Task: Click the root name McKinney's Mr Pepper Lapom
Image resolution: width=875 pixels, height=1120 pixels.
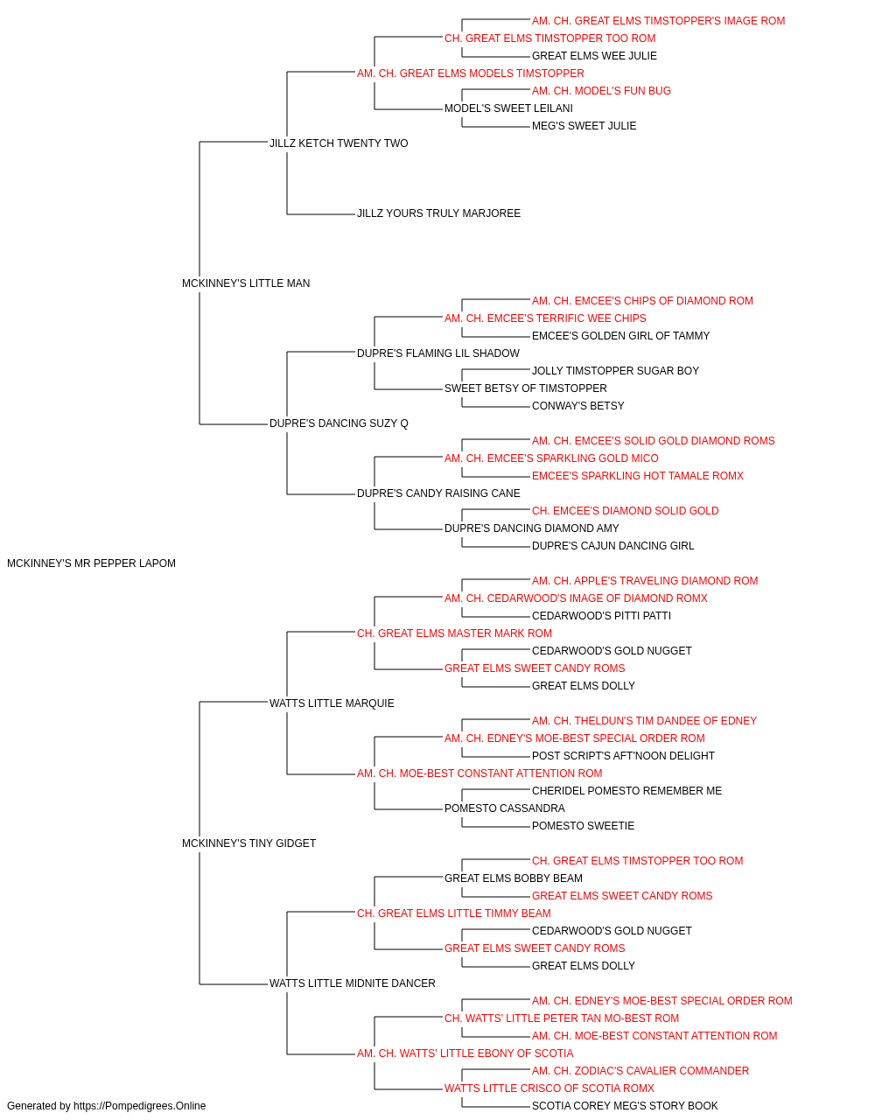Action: pyautogui.click(x=91, y=563)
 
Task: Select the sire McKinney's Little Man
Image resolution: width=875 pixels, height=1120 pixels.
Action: pyautogui.click(x=246, y=283)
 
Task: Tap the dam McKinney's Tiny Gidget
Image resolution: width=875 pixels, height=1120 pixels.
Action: pyautogui.click(x=248, y=843)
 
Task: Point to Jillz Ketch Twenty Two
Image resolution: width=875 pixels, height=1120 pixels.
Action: pyautogui.click(x=339, y=143)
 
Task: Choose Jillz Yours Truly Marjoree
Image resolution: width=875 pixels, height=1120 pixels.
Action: pyautogui.click(x=438, y=213)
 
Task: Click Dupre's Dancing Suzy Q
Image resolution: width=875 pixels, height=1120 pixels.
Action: pyautogui.click(x=339, y=423)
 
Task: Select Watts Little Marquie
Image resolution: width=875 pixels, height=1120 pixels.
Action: pyautogui.click(x=332, y=703)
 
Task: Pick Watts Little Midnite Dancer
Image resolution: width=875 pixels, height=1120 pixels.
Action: pyautogui.click(x=352, y=983)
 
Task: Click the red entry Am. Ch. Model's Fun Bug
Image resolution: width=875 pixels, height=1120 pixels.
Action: pyautogui.click(x=601, y=91)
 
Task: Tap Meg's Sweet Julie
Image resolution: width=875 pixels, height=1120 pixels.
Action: pyautogui.click(x=584, y=126)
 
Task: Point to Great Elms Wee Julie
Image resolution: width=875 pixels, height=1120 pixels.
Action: pyautogui.click(x=594, y=56)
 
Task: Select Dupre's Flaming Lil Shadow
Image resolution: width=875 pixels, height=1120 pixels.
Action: pyautogui.click(x=438, y=353)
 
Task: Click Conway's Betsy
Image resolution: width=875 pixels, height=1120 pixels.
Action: pyautogui.click(x=577, y=406)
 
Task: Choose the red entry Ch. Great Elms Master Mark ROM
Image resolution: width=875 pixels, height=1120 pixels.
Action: pyautogui.click(x=454, y=633)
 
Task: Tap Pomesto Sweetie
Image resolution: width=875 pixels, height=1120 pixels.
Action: pyautogui.click(x=583, y=826)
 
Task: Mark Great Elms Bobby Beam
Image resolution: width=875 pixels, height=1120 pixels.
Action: pyautogui.click(x=514, y=878)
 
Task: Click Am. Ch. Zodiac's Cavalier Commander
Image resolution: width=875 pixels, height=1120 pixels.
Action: pyautogui.click(x=640, y=1070)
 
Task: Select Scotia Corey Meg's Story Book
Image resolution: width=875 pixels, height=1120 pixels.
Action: pyautogui.click(x=625, y=1106)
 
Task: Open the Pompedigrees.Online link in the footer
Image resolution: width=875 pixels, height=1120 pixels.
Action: pyautogui.click(x=140, y=1106)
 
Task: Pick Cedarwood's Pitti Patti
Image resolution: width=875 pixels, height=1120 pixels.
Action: pyautogui.click(x=601, y=615)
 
